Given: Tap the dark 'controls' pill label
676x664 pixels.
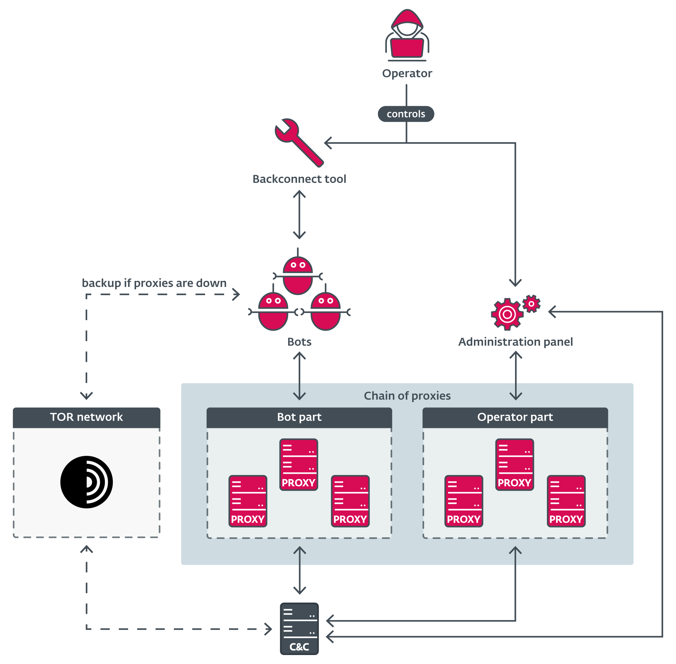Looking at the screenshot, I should (x=406, y=114).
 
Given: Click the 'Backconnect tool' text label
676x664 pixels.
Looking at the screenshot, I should (x=299, y=179).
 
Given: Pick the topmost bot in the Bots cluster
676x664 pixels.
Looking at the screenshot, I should (x=297, y=275).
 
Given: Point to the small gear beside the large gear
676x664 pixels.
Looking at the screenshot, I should (x=531, y=304).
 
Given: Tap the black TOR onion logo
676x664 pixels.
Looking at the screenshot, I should (x=87, y=482).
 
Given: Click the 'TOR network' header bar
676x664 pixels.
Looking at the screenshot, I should (x=87, y=417).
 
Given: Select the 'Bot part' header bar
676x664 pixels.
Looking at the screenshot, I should (x=299, y=417).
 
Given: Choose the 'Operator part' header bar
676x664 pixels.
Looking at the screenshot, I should (x=515, y=417).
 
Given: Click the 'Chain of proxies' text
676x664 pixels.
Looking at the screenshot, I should (x=407, y=396).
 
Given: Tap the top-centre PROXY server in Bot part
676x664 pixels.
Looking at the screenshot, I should (x=298, y=464).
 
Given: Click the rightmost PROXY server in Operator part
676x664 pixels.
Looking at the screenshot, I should (x=566, y=501).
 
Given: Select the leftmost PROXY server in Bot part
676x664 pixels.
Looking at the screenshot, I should (x=248, y=501).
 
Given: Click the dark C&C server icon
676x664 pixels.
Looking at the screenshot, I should (x=299, y=628).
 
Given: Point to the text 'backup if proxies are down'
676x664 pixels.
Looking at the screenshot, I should (x=154, y=283).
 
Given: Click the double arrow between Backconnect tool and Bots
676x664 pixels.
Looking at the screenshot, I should (x=299, y=214).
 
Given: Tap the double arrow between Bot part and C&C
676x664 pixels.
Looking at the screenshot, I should (x=299, y=570).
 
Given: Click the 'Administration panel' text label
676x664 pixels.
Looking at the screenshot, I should (x=515, y=342).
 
